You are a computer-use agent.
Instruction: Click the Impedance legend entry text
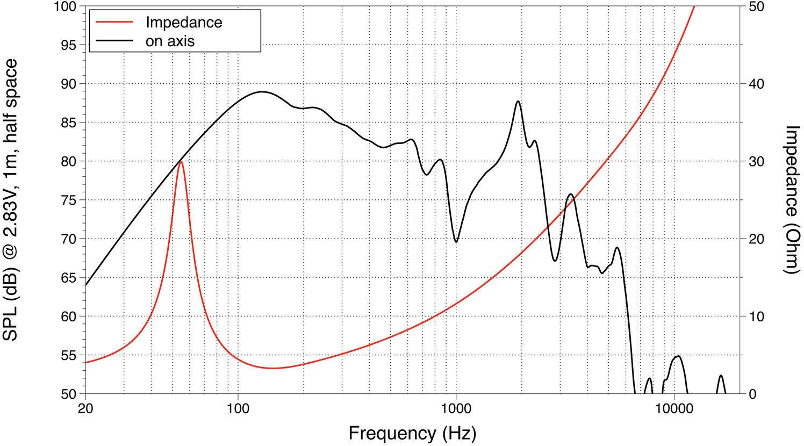coord(184,22)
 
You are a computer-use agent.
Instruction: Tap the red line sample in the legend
coord(113,22)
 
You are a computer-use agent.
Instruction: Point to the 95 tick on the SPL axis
coord(68,45)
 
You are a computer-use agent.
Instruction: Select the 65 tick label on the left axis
coord(68,277)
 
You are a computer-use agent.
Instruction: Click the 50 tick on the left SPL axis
coord(68,394)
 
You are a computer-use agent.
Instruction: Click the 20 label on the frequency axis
coord(85,410)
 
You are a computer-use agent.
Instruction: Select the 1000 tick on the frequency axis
coord(456,410)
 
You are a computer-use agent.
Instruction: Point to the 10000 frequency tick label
coord(674,410)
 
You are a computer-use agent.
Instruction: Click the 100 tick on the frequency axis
coord(238,410)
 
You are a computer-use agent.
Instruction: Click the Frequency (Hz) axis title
coord(412,433)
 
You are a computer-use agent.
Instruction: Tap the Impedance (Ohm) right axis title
coord(792,200)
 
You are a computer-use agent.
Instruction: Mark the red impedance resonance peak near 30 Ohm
coord(181,162)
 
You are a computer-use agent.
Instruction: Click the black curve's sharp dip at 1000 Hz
coord(456,242)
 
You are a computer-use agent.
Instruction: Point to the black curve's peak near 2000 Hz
coord(518,101)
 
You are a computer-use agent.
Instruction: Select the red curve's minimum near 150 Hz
coord(274,368)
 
